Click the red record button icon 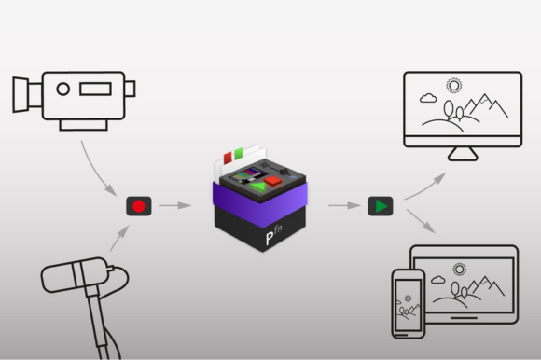[139, 206]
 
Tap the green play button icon [381, 206]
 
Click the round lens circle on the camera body [63, 89]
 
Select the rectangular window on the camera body [95, 89]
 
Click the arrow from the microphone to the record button [119, 238]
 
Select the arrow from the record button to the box [175, 205]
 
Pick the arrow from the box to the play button [344, 205]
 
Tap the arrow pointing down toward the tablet [421, 221]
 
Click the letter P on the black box [270, 238]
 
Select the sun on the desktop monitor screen [453, 86]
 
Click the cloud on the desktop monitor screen [428, 98]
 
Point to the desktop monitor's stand [463, 154]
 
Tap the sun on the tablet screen [459, 270]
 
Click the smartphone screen [408, 305]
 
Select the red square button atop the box [273, 181]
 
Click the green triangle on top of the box [258, 187]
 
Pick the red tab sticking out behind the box [228, 159]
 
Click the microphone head [75, 275]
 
